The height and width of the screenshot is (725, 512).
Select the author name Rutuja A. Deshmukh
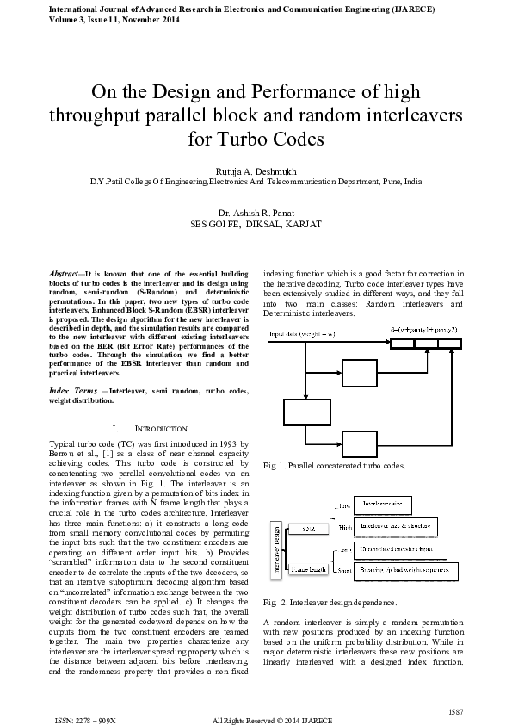click(x=256, y=171)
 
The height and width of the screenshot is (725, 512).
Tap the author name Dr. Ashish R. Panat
click(x=256, y=212)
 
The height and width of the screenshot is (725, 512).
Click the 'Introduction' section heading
click(x=150, y=428)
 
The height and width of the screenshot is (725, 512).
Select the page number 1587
click(x=456, y=710)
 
